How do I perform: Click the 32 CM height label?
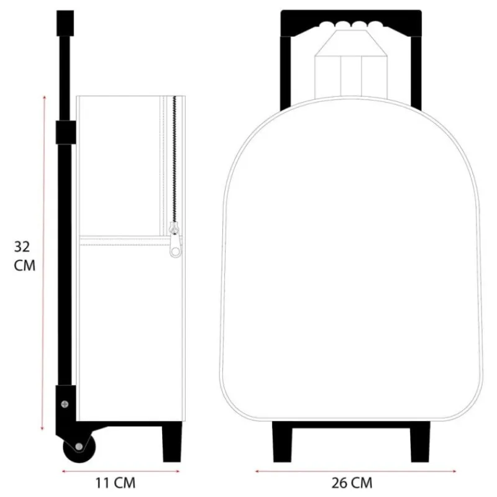(24, 256)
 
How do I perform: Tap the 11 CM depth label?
(116, 483)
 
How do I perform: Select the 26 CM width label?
(352, 483)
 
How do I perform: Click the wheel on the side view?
(80, 447)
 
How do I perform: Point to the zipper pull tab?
(175, 244)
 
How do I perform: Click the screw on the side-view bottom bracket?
(65, 404)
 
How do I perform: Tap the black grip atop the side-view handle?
(65, 23)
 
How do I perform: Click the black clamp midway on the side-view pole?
(66, 132)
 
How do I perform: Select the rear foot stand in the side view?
(172, 442)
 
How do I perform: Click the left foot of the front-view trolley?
(282, 442)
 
